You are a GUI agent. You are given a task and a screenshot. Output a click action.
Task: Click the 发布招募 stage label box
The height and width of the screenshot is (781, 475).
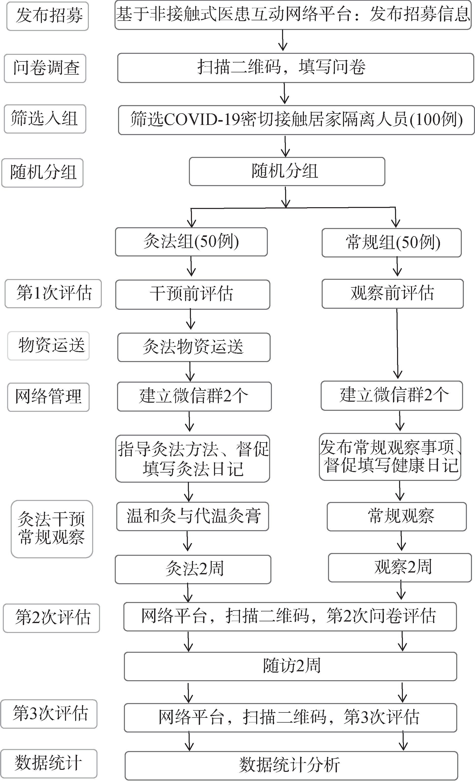click(x=47, y=16)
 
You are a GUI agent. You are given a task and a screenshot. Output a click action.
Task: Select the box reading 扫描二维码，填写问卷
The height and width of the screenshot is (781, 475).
click(x=296, y=68)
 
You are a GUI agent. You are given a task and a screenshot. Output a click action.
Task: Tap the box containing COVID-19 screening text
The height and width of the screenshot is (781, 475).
click(x=296, y=120)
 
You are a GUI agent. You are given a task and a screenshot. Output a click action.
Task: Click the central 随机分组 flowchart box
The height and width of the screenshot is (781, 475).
click(x=287, y=171)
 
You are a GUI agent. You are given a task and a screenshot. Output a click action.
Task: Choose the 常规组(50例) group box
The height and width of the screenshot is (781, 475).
click(x=392, y=242)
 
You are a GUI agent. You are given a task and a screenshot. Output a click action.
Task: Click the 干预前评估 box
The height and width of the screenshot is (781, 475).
click(x=193, y=295)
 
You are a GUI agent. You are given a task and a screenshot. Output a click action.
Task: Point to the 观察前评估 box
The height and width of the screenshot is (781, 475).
click(x=392, y=294)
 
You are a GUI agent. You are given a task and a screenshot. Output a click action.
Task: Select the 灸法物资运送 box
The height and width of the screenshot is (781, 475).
click(x=194, y=347)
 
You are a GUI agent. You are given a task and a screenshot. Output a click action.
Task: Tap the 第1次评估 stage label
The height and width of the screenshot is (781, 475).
click(x=53, y=294)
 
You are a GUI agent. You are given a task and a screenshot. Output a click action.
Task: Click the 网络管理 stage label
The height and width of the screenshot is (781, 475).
click(x=48, y=397)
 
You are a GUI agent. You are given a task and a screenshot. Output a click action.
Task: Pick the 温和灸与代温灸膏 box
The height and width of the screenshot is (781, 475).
click(x=193, y=516)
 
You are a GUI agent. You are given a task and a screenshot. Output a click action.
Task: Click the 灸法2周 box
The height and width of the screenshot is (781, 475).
click(x=193, y=569)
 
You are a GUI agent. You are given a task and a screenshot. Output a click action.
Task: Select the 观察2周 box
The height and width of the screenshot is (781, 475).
click(x=400, y=568)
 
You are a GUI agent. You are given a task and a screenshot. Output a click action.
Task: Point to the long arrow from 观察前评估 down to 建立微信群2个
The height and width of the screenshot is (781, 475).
click(x=397, y=344)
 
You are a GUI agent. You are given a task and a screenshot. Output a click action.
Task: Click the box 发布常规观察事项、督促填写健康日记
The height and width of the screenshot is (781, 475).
click(x=390, y=457)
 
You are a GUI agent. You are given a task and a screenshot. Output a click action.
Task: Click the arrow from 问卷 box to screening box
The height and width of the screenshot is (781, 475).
click(x=285, y=93)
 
